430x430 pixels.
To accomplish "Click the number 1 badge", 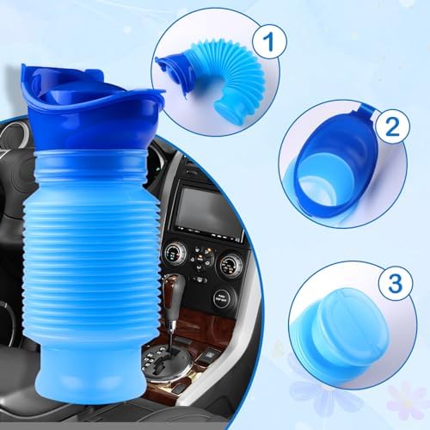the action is tap(269, 41).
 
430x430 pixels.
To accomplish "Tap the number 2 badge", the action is tap(392, 126).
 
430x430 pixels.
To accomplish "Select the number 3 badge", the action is tap(396, 283).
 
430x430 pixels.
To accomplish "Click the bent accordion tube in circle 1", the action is tap(230, 77).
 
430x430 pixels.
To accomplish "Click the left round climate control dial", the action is tap(175, 255).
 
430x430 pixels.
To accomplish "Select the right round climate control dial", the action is tap(230, 265).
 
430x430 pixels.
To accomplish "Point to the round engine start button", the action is tap(223, 299).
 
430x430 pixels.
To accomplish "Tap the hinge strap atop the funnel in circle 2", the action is tap(367, 110).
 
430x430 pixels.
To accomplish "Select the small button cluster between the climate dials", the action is tap(203, 258).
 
